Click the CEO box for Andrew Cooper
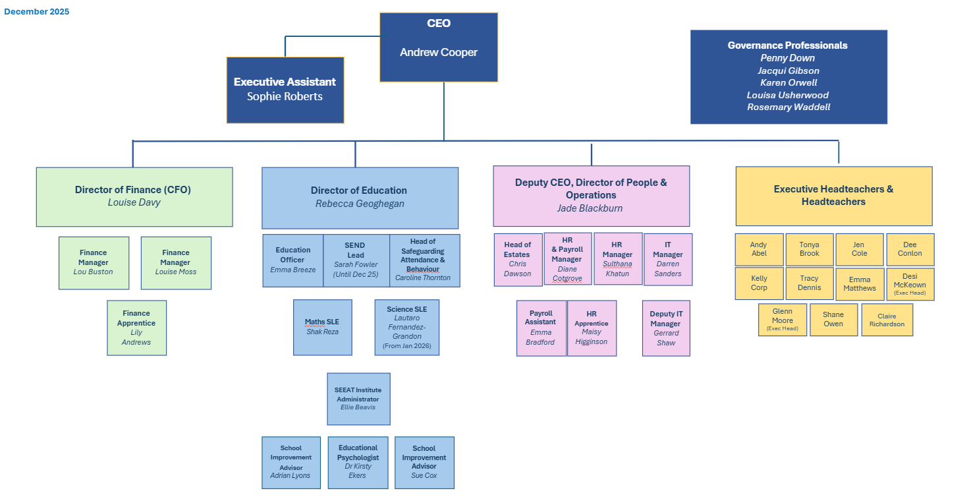(x=439, y=47)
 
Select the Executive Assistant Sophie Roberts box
(x=285, y=90)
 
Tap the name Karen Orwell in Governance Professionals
(x=788, y=82)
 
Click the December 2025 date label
(x=36, y=12)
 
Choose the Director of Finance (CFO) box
(x=134, y=196)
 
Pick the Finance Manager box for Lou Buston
(x=94, y=262)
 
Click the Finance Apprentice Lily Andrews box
(x=136, y=328)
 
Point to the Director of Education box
(x=360, y=197)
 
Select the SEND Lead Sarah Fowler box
(x=356, y=260)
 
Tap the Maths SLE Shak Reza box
(x=322, y=327)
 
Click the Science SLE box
(x=406, y=327)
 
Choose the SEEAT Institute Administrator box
(x=358, y=399)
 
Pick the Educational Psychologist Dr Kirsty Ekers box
(x=358, y=462)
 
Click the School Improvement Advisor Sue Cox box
(x=424, y=462)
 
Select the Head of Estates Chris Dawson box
(x=518, y=259)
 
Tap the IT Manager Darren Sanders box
(x=668, y=259)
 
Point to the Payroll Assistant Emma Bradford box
(x=541, y=328)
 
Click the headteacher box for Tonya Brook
(x=810, y=249)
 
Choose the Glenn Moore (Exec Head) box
(x=782, y=320)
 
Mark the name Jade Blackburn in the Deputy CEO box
(x=591, y=208)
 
